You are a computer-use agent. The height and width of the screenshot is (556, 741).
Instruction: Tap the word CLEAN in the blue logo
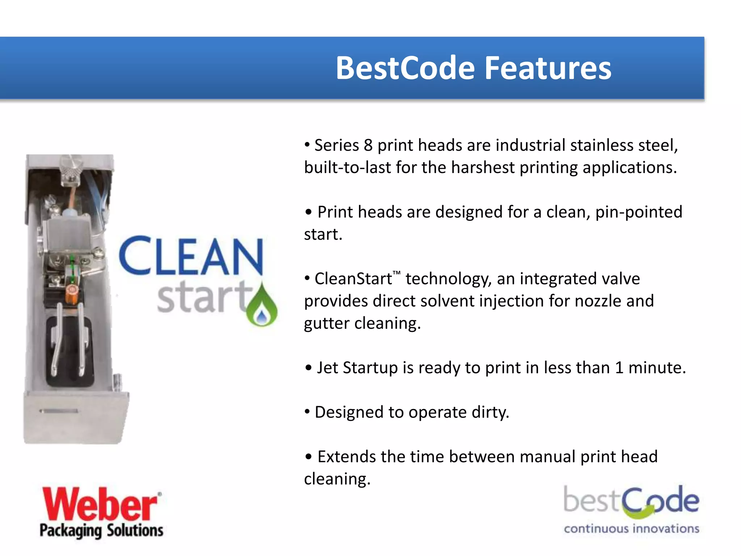[191, 256]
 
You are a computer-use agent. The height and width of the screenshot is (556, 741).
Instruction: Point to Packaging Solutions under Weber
[101, 531]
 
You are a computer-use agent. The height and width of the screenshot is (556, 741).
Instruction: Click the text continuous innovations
[631, 529]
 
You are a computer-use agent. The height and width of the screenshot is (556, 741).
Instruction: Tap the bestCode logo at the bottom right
[631, 501]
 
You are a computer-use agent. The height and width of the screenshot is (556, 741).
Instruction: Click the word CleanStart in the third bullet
[353, 279]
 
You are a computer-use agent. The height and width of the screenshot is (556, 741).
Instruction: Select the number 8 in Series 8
[368, 146]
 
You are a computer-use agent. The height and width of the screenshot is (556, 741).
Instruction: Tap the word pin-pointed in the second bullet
[639, 212]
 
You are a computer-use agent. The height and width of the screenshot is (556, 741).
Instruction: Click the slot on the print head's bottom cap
[59, 411]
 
